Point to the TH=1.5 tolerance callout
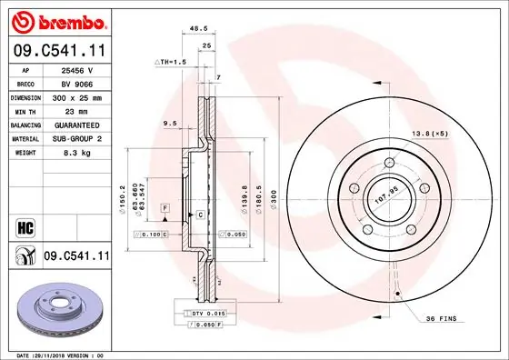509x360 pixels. point(170,62)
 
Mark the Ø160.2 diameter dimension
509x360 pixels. point(121,194)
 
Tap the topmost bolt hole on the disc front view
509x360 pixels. point(388,163)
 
